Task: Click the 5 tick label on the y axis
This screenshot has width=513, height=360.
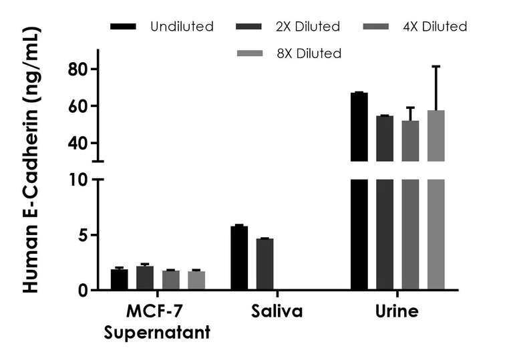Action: click(x=83, y=235)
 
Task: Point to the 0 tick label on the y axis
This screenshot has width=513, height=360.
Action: click(x=83, y=290)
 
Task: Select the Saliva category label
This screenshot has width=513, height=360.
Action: click(x=277, y=311)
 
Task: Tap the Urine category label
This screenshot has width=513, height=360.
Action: click(x=397, y=311)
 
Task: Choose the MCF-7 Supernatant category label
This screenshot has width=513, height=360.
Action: click(x=158, y=321)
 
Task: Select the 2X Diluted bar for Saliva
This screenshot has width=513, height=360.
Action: click(x=265, y=264)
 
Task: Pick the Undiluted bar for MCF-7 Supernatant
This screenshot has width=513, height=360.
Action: click(x=120, y=280)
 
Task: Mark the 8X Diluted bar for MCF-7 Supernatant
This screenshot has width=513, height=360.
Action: click(x=196, y=281)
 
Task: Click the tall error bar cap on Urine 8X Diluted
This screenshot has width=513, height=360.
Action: click(x=436, y=66)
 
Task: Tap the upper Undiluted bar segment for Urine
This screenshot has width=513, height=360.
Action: click(x=359, y=127)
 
